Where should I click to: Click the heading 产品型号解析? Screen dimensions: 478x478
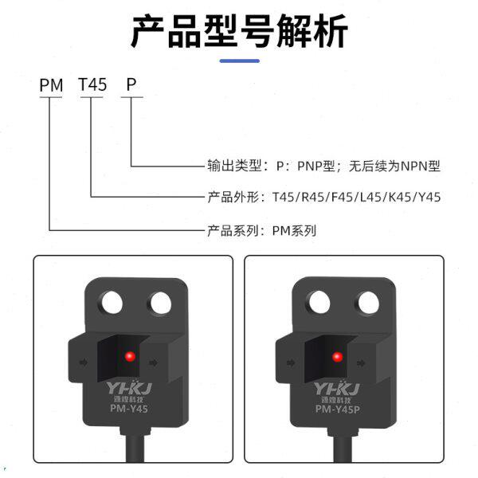(x=239, y=33)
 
